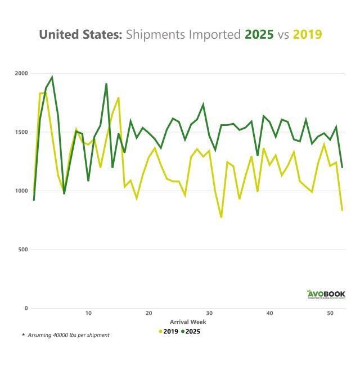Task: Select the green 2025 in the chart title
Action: point(259,34)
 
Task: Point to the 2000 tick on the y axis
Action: point(21,74)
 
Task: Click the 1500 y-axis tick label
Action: point(21,132)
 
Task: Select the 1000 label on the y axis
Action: point(21,191)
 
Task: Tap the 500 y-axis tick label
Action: point(23,250)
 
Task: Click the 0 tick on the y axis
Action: point(26,308)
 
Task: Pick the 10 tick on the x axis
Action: point(88,313)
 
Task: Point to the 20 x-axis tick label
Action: point(148,313)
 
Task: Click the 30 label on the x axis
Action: point(209,313)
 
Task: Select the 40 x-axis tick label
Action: point(269,313)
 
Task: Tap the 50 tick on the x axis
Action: point(330,313)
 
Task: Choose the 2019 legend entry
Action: point(169,331)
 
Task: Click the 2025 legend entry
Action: point(191,331)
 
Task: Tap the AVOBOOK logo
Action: point(326,294)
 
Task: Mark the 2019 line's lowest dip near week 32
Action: point(221,217)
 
